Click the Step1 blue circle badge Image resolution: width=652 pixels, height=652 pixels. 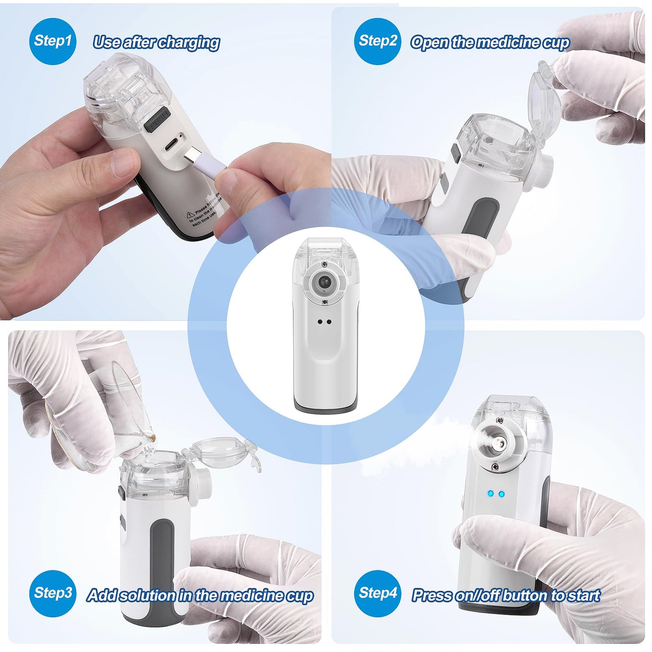pos(53,41)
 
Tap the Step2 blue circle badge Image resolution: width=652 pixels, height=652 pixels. pos(377,41)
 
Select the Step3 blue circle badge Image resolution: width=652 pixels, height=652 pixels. pos(53,593)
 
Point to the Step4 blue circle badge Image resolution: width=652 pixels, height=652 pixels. pos(377,593)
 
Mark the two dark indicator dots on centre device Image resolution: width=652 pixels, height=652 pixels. pos(324,322)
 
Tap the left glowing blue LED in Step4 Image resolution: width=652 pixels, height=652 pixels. pos(490,494)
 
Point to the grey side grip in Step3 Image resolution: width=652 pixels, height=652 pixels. pos(162,550)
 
